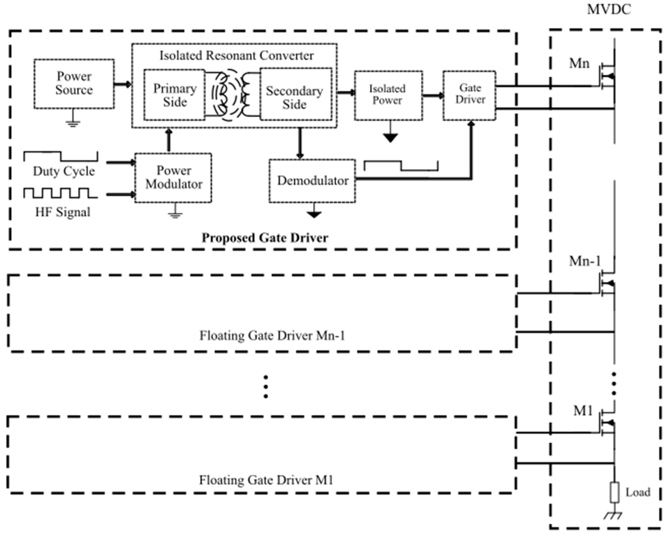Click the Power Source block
[74, 84]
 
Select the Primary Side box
[175, 95]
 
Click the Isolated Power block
[388, 95]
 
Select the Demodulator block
[312, 181]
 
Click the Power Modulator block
[173, 178]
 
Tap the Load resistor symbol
[614, 492]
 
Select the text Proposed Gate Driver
[265, 238]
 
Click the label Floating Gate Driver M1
[266, 480]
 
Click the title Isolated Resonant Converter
[236, 56]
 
